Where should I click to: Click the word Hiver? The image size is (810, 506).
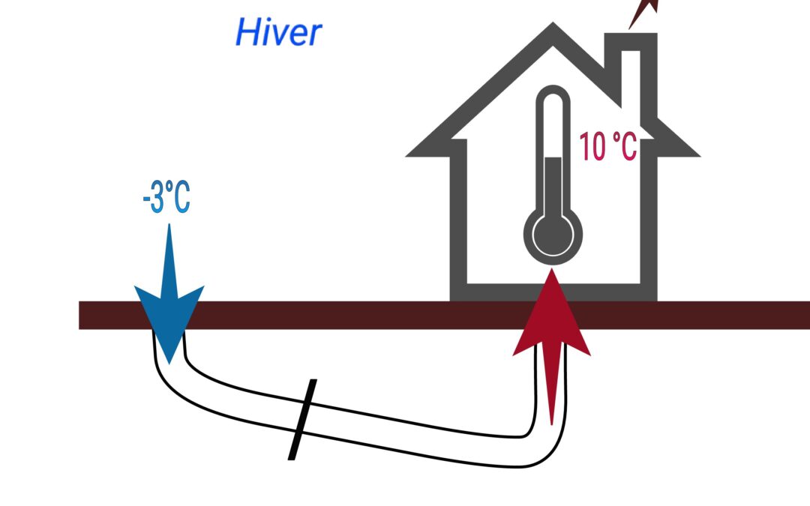[278, 32]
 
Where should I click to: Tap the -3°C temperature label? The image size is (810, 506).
[166, 196]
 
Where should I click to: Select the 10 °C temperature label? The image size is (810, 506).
[608, 146]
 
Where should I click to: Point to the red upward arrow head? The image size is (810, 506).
[552, 315]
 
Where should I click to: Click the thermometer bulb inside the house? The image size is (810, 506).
[553, 235]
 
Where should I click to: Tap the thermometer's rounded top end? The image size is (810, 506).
[553, 93]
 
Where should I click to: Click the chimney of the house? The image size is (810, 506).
[631, 72]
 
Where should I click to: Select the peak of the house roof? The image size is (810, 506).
[553, 25]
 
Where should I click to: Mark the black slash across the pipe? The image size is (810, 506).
[302, 419]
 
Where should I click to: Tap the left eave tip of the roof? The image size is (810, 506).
[407, 155]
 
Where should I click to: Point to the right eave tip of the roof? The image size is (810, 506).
[699, 155]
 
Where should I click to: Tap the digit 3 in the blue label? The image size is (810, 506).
[157, 196]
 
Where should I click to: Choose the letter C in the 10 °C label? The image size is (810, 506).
[628, 147]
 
